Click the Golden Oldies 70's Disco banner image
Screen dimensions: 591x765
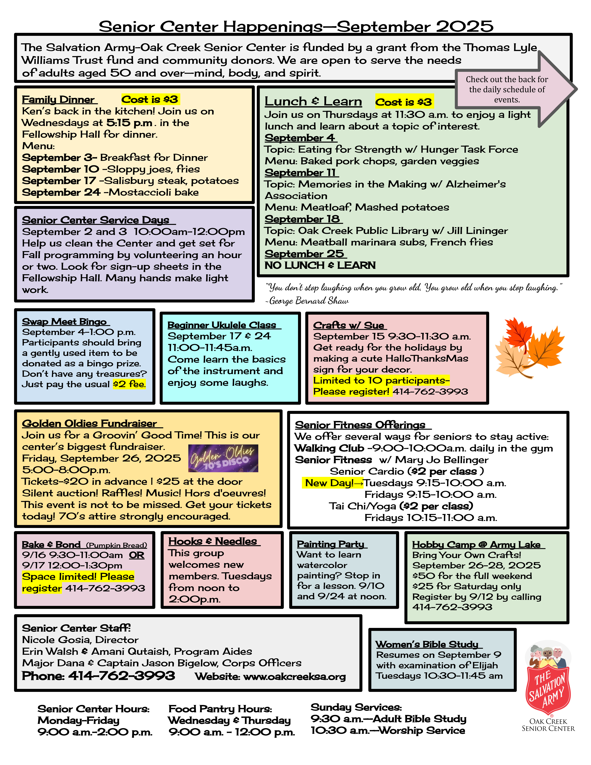coord(223,458)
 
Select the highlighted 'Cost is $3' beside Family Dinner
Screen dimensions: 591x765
coord(150,100)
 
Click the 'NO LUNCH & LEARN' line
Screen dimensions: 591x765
coord(320,266)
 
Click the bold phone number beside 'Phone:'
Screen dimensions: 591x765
coord(122,676)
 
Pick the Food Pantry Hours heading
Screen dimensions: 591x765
coord(220,709)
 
